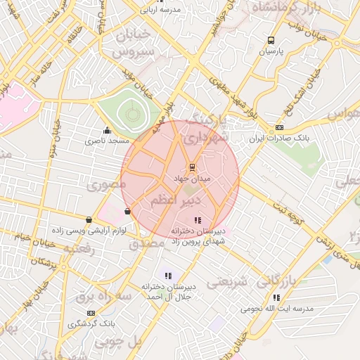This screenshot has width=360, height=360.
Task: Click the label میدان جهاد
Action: [x=191, y=179]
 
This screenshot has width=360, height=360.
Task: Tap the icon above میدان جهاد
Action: [x=191, y=167]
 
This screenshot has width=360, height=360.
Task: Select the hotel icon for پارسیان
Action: [x=271, y=41]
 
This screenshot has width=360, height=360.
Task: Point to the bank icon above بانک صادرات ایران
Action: [x=280, y=128]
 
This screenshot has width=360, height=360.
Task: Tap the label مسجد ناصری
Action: [x=107, y=141]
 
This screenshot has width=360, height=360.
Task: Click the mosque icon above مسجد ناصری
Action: [x=107, y=129]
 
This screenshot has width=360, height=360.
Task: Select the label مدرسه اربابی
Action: [x=161, y=10]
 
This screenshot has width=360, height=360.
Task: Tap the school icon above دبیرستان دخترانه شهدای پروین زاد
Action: [x=197, y=220]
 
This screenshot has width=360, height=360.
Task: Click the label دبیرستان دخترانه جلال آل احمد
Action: [x=167, y=292]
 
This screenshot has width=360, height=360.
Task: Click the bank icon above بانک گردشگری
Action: [x=91, y=312]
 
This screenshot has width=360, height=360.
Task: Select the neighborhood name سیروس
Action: [x=131, y=52]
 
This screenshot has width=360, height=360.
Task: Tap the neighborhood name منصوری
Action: [x=105, y=186]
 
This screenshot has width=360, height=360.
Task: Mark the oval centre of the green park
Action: [x=129, y=110]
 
